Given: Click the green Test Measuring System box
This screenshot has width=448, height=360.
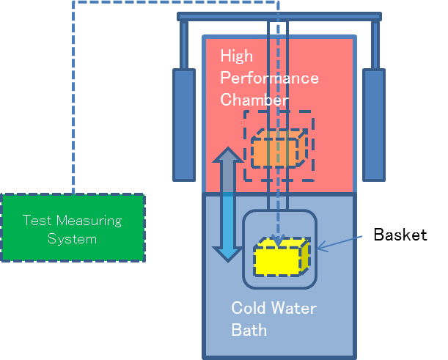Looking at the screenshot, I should pos(73,227).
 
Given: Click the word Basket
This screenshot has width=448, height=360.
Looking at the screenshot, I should pos(400,235).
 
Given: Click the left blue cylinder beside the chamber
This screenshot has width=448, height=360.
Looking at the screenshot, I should pos(183,124).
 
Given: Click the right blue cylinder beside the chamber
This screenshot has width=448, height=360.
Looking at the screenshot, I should pos(373,124).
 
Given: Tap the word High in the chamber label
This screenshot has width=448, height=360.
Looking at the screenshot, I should pos(236,56).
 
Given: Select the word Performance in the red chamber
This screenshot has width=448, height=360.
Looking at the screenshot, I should pos(269,78).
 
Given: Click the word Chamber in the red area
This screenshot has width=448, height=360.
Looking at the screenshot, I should pos(254,99).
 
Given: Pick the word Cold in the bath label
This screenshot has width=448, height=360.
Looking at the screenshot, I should pos(248,308).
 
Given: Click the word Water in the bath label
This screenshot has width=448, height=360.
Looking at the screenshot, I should pos(295,308).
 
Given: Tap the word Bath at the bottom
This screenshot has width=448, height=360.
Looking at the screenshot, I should pos(249,330).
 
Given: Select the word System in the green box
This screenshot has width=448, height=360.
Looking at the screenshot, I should pos(72,239).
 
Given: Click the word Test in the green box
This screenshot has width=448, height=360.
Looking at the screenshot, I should pos(37,220).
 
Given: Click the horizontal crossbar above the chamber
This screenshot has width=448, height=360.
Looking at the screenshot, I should pos(279,16).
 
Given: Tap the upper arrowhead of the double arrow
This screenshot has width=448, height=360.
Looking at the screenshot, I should pos(227,157).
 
